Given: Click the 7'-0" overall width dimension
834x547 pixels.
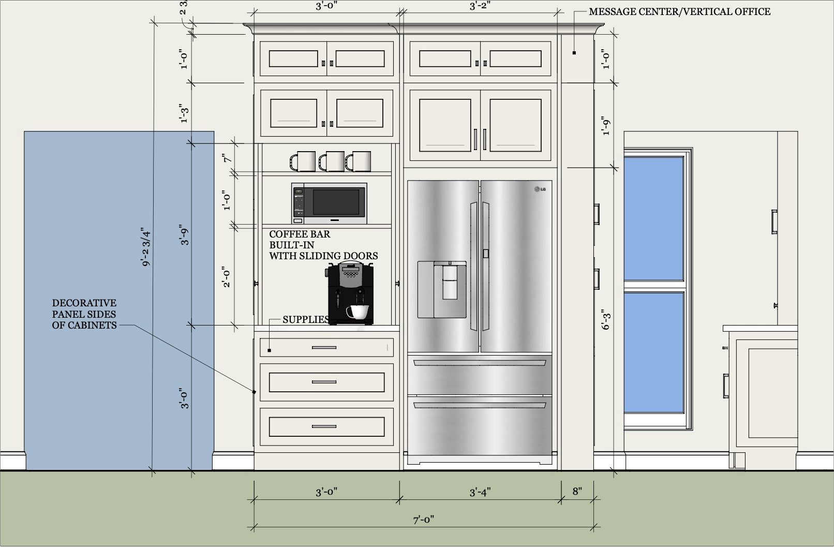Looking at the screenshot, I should [423, 520].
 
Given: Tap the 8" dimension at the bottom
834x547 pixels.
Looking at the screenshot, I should [577, 491].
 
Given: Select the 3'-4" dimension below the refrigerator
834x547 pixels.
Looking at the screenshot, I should [480, 492].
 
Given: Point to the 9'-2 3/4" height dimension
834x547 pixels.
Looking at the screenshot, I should [146, 248].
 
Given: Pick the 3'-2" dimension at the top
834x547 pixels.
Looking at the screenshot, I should [480, 6].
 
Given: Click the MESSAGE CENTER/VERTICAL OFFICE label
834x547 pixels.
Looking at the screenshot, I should [679, 11].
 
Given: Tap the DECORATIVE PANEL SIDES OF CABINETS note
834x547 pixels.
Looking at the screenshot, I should [84, 314].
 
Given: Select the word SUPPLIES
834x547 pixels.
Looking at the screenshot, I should [306, 320].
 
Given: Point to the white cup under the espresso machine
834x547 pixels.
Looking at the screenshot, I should [358, 312].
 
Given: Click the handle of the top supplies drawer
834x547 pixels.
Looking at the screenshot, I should [324, 348].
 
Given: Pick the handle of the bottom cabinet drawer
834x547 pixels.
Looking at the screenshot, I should [324, 426].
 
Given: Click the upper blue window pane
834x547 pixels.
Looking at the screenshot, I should [654, 219].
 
